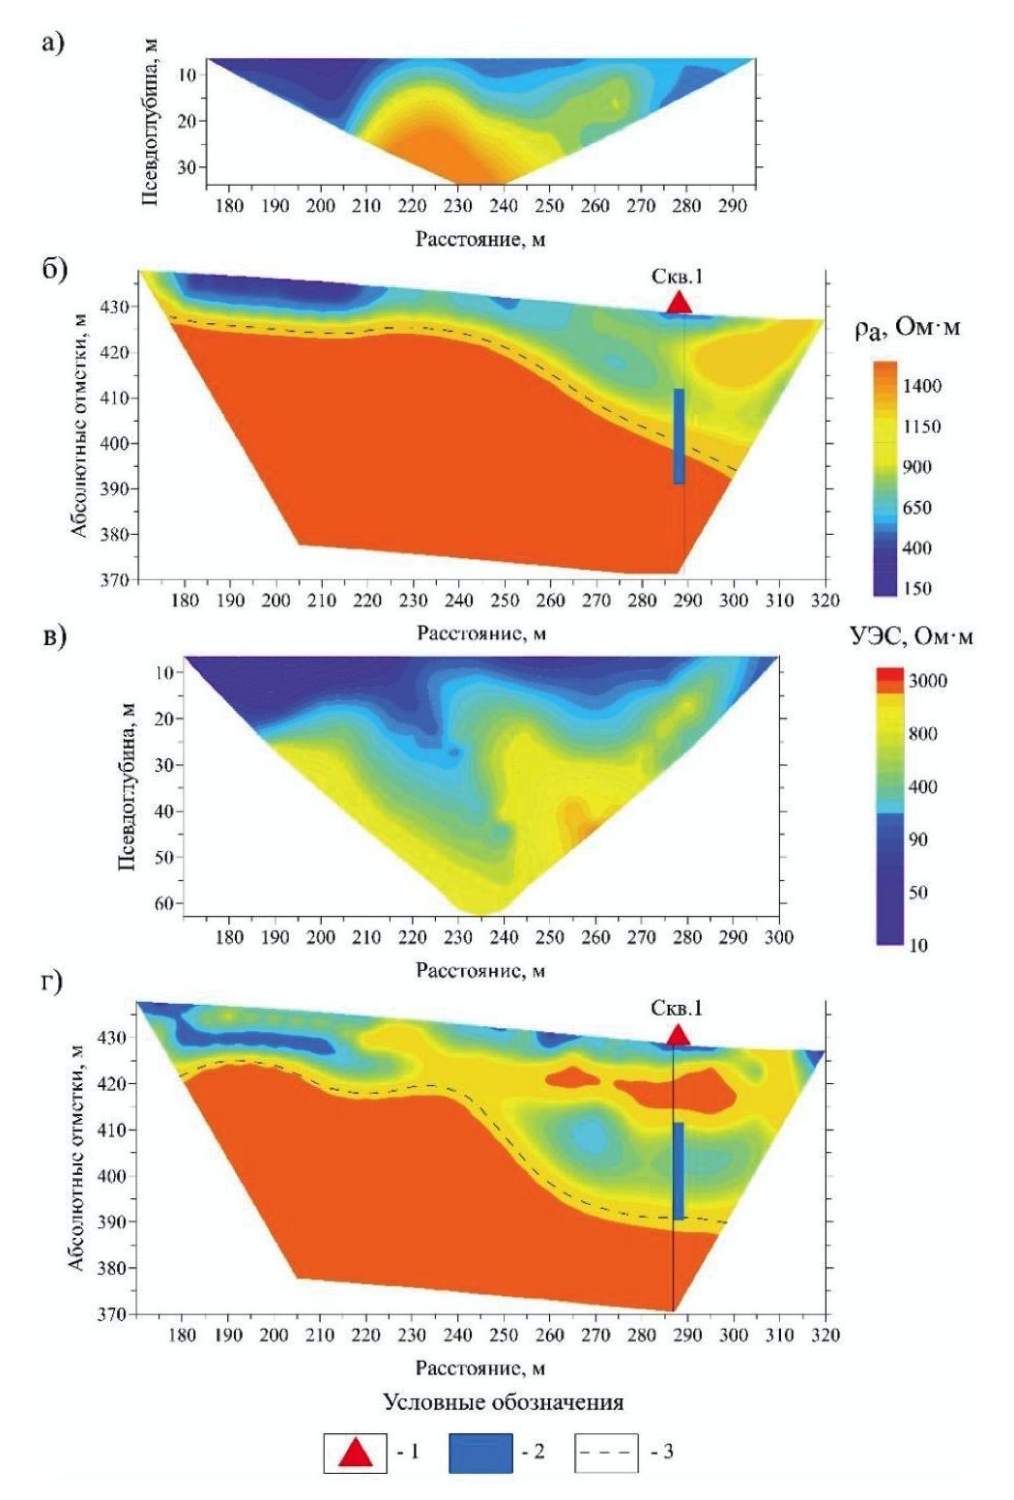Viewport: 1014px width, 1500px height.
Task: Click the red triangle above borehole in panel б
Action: (x=680, y=302)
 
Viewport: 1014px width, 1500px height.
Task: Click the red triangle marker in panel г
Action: (x=678, y=1035)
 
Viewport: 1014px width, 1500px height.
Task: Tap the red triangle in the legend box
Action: (x=356, y=1453)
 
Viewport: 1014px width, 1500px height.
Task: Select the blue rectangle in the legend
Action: (x=480, y=1453)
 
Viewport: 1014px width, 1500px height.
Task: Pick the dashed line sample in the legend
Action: (x=606, y=1453)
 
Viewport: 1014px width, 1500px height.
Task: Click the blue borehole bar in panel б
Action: (x=679, y=435)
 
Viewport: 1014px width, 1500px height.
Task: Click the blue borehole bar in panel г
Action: (x=678, y=1170)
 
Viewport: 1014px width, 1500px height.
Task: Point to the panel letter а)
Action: (x=53, y=43)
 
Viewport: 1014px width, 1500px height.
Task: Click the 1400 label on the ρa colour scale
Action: (x=921, y=386)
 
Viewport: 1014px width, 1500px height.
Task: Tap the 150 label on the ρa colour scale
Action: (x=916, y=588)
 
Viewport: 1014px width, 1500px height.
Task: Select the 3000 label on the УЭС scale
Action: (x=927, y=681)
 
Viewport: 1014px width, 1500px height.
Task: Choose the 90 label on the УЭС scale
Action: (x=916, y=838)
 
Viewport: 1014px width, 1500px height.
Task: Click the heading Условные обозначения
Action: (x=503, y=1401)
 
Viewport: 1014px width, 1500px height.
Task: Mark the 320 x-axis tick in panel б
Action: (x=825, y=601)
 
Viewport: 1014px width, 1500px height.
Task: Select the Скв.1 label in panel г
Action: (x=677, y=1008)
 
